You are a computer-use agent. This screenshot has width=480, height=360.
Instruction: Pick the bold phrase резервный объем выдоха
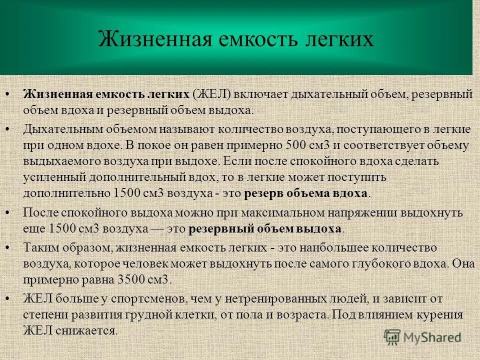tap(265, 228)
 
